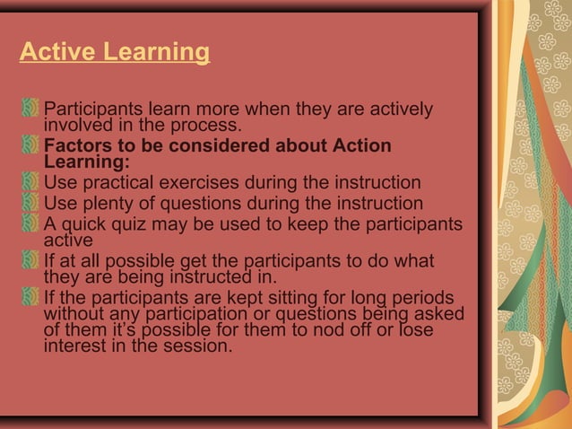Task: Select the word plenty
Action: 110,204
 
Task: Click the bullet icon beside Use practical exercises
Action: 31,182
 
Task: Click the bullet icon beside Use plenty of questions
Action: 31,202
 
